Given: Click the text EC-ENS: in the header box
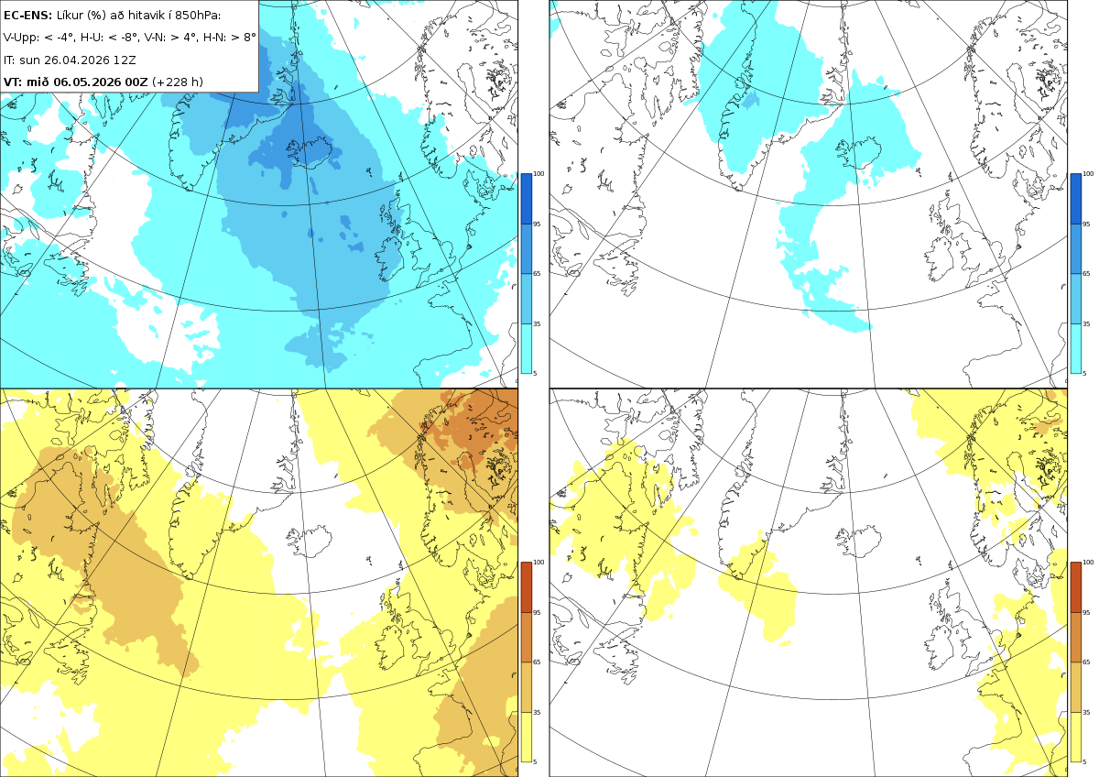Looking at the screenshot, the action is coord(27,16).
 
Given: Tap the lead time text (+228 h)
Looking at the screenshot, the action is coord(177,82).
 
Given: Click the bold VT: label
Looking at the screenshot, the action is coord(13,82).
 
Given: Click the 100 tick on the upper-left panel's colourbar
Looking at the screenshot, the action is coord(539,174).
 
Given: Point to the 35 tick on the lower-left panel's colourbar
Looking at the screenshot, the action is coord(537,712).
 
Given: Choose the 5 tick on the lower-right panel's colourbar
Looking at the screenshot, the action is coord(1084,761).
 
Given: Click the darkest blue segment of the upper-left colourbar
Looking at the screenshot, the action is coord(526,199).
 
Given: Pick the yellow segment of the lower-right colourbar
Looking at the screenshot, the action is coord(1075,737).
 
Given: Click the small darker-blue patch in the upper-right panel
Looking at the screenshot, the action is coord(751,100).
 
